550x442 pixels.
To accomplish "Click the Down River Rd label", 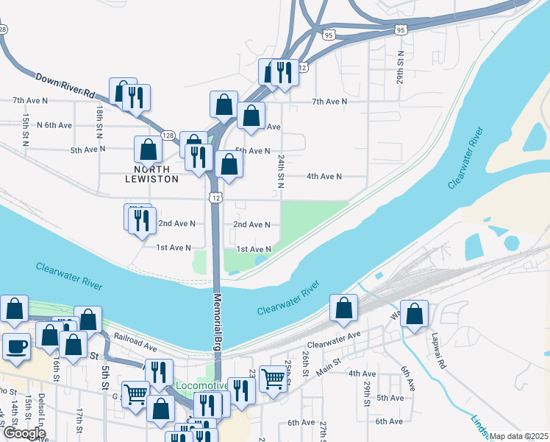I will coord(65,85).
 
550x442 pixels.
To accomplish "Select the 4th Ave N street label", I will coord(324,176).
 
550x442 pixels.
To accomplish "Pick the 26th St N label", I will coord(400,69).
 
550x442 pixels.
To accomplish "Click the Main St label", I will coord(329,362).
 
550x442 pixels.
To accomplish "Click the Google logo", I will coord(24,433).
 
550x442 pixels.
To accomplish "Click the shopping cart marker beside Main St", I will coord(274,379).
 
